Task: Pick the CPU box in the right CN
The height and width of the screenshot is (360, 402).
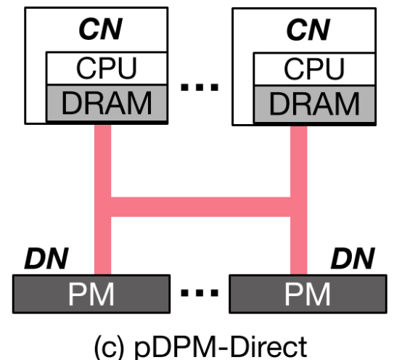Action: point(313,69)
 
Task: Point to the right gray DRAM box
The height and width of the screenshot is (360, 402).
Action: point(313,103)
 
